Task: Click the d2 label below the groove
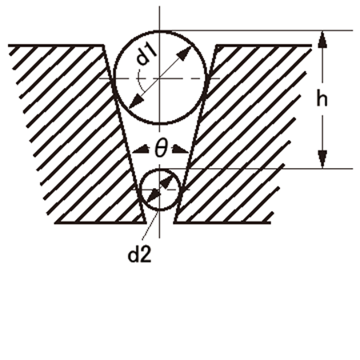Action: (140, 255)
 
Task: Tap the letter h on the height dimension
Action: (322, 98)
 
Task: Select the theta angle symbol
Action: (161, 149)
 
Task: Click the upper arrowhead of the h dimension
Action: (322, 39)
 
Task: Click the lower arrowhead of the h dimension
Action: (322, 159)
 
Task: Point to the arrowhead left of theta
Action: (141, 150)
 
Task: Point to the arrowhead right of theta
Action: (181, 150)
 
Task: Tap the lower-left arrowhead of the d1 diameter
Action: (136, 102)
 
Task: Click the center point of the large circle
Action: (160, 78)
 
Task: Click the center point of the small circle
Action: (160, 190)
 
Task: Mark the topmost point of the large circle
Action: (160, 31)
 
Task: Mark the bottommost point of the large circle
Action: (160, 124)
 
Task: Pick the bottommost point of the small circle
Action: (160, 210)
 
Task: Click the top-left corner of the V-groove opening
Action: (103, 46)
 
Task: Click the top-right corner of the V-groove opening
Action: (216, 46)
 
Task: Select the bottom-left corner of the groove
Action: (146, 222)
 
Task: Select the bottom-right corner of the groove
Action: (174, 222)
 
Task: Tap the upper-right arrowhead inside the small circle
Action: (166, 182)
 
